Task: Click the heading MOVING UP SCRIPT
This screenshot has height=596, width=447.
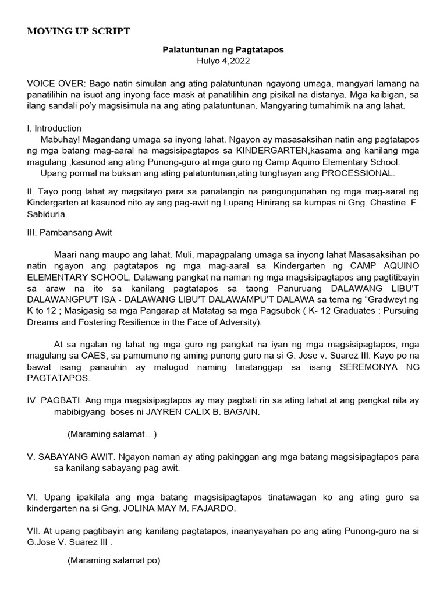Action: [x=79, y=31]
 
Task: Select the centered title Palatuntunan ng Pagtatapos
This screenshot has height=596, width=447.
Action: [x=223, y=50]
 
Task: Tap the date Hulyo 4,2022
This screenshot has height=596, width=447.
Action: [x=223, y=61]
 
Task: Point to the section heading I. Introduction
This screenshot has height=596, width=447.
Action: [x=54, y=128]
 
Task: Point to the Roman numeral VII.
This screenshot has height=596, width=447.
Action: [x=34, y=531]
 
